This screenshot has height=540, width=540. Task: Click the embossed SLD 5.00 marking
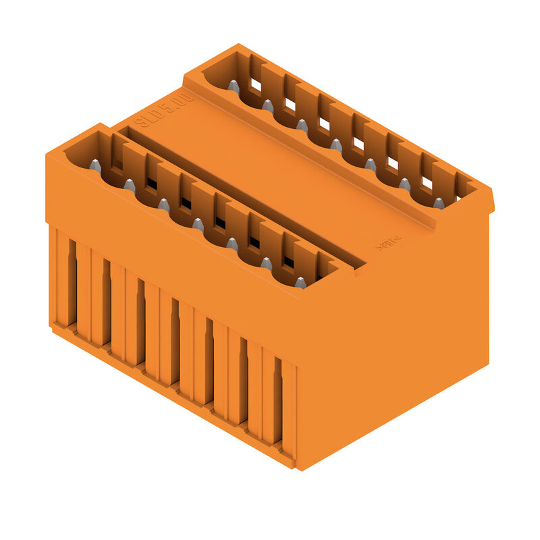click(x=164, y=111)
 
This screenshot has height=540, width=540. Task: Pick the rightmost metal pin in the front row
click(x=300, y=281)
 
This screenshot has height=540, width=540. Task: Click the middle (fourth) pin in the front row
click(x=198, y=224)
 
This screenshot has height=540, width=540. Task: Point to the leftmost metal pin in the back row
click(x=233, y=86)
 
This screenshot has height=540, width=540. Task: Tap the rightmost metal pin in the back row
click(x=439, y=202)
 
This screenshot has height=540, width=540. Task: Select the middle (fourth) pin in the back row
click(x=336, y=144)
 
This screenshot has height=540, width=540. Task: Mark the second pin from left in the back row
click(x=267, y=105)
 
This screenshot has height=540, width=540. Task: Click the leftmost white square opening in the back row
click(x=256, y=85)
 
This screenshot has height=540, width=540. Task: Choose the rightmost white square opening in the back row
click(x=427, y=182)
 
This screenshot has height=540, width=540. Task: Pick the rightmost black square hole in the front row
click(x=289, y=262)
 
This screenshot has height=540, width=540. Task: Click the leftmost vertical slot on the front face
click(x=72, y=283)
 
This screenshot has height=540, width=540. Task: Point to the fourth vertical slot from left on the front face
click(x=175, y=342)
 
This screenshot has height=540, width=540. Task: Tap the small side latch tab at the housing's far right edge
click(x=491, y=201)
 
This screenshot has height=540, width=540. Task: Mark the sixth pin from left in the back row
click(x=404, y=184)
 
